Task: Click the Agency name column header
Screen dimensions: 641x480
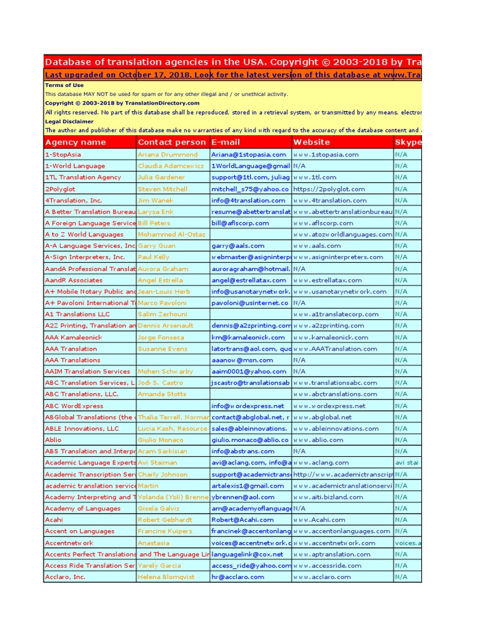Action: coord(76,142)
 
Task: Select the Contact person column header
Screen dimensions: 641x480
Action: coord(172,142)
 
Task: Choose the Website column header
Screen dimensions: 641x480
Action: coord(312,142)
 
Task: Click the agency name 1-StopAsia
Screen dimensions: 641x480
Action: coord(62,155)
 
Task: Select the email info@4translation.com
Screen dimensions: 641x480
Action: coord(248,200)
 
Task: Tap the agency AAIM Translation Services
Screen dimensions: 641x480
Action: coord(87,371)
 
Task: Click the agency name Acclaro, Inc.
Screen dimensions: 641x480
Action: coord(65,577)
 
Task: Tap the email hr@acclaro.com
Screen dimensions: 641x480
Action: coord(237,577)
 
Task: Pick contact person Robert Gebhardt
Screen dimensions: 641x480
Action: coord(165,520)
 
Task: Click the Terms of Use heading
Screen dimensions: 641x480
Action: coord(64,85)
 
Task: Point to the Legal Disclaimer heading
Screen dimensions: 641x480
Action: coord(69,121)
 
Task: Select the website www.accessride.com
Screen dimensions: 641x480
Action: coord(327,565)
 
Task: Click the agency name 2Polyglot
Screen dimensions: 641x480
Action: coord(61,189)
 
